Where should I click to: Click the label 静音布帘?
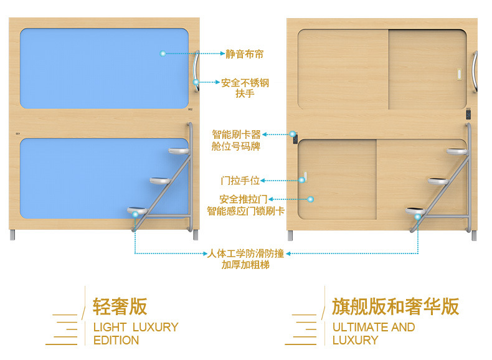[x=244, y=54]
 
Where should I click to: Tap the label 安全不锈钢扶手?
[x=245, y=88]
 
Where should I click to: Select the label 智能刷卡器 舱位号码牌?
[x=236, y=140]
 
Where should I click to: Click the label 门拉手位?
[x=240, y=181]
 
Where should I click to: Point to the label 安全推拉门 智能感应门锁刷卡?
[x=245, y=205]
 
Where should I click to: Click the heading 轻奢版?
[x=120, y=306]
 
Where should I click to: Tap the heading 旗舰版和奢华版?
[x=395, y=306]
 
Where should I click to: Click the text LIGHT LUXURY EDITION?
[x=135, y=333]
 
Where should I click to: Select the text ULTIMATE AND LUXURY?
[x=373, y=333]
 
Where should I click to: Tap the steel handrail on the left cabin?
[x=197, y=72]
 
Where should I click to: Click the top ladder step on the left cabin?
[x=178, y=151]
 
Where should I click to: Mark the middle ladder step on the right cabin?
[x=438, y=181]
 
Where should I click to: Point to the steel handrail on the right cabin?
[x=476, y=72]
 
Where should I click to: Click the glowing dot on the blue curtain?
[x=163, y=54]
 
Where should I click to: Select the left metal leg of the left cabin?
[x=14, y=235]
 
